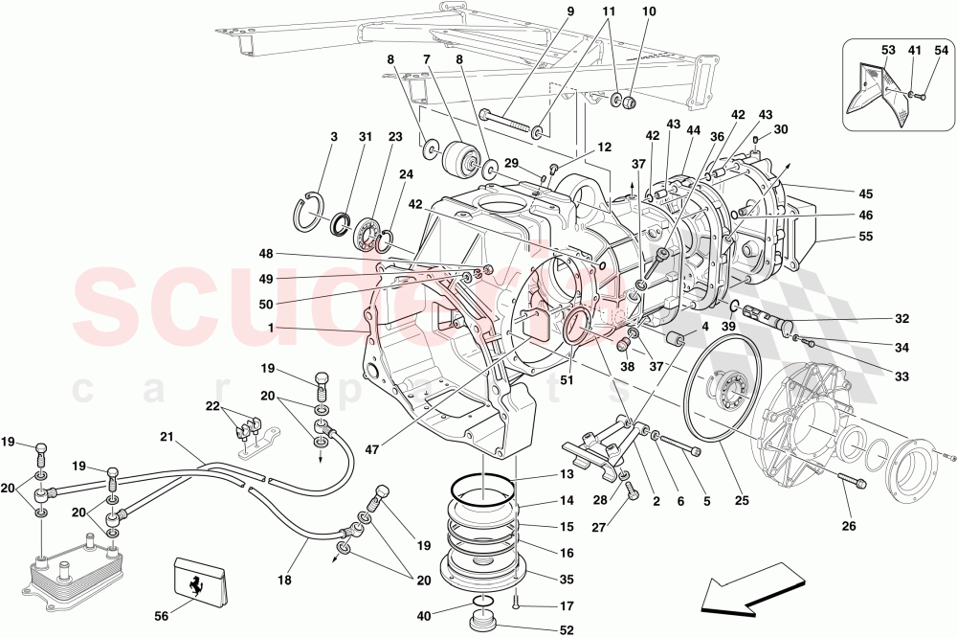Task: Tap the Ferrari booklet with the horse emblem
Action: point(200,581)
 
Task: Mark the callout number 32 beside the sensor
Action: point(902,319)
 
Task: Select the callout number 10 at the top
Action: point(648,12)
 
